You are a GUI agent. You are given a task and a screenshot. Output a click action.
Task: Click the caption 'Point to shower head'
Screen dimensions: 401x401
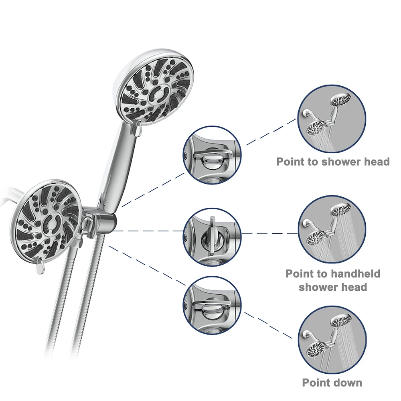333,162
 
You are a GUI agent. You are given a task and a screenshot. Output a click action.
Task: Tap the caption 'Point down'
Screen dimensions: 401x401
332,382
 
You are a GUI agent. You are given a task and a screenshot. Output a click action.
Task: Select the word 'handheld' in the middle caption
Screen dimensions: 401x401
356,274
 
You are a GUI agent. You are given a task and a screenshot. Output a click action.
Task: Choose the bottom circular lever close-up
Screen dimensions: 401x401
212,305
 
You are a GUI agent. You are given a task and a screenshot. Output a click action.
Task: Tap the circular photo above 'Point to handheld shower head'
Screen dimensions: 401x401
332,230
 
